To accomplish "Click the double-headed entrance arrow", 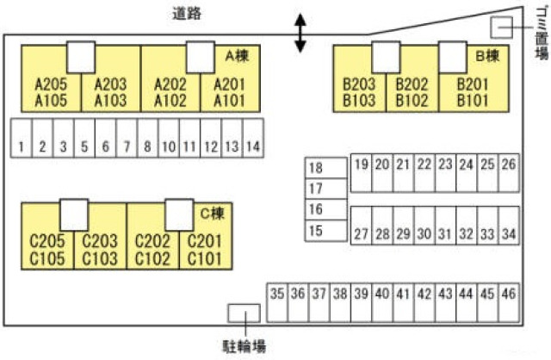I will tap(299, 33).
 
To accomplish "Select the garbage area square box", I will tap(501, 28).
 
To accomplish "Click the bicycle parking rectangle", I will tap(244, 314).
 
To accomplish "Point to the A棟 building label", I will tap(236, 56).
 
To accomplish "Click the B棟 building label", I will tap(487, 56).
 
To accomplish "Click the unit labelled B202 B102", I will tap(412, 91).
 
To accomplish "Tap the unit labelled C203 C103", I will tap(99, 249).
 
